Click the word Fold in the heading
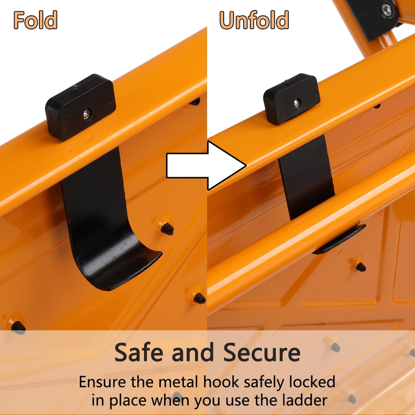pyautogui.click(x=35, y=20)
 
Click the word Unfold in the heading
pyautogui.click(x=254, y=20)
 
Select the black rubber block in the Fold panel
pyautogui.click(x=81, y=107)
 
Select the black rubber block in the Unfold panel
pyautogui.click(x=292, y=99)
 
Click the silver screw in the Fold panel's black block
pyautogui.click(x=86, y=114)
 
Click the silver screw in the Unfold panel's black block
pyautogui.click(x=296, y=103)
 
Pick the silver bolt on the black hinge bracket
pyautogui.click(x=387, y=10)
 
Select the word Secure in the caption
pyautogui.click(x=262, y=352)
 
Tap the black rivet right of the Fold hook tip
pyautogui.click(x=167, y=229)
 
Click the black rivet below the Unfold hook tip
pyautogui.click(x=361, y=267)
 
